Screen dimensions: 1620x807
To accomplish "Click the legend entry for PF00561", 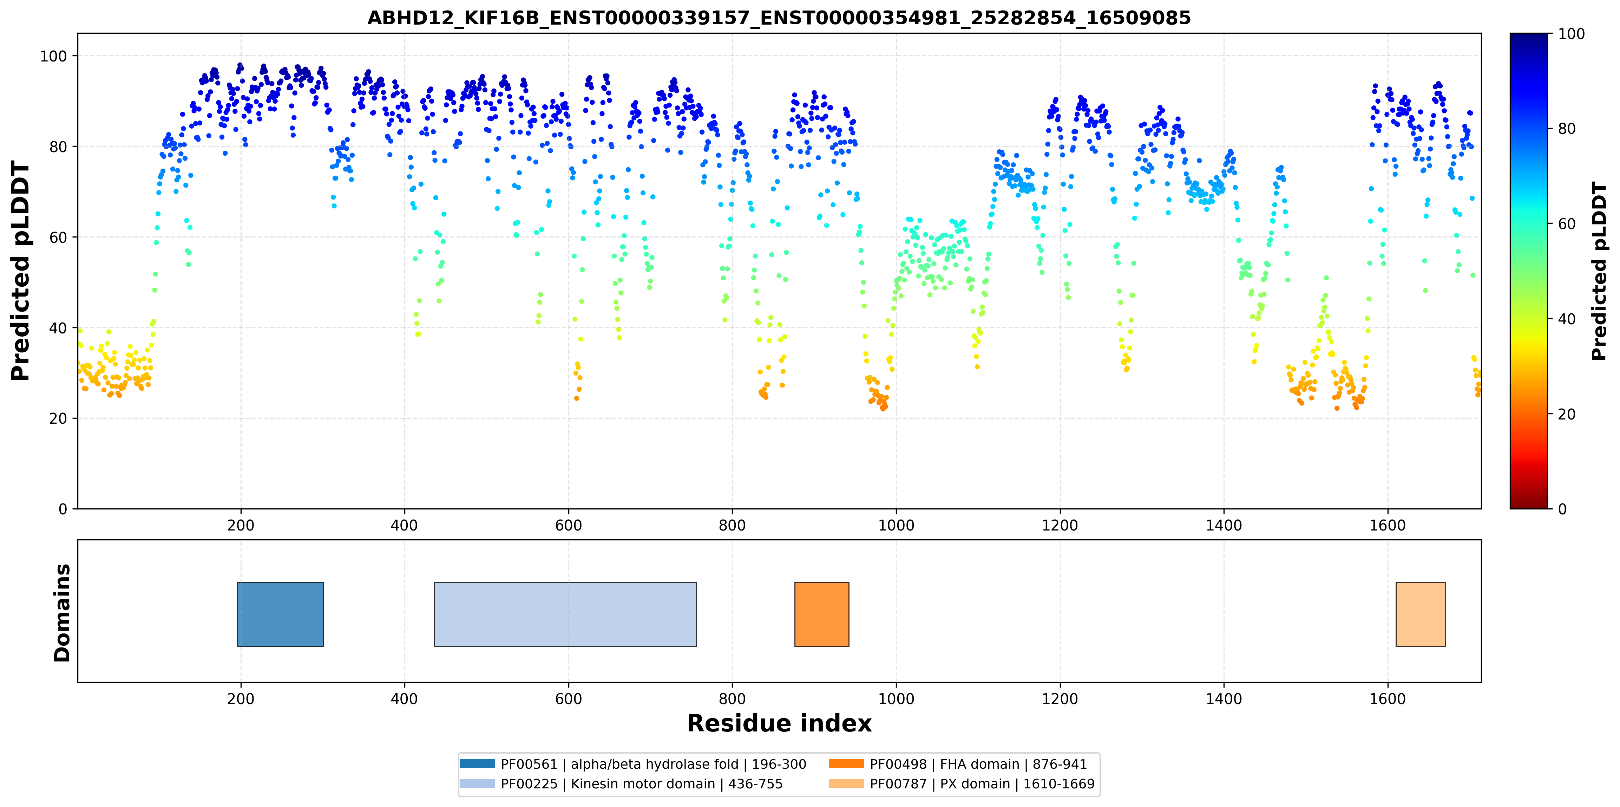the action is pyautogui.click(x=633, y=764).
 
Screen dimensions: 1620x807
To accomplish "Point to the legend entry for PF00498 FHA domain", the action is pyautogui.click(x=958, y=764).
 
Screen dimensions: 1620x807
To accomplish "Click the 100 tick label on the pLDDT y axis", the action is pyautogui.click(x=53, y=56).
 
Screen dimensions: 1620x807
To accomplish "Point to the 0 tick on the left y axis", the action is pyautogui.click(x=63, y=509).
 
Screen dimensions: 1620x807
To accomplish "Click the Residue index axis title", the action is pyautogui.click(x=779, y=723).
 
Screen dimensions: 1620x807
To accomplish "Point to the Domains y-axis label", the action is pyautogui.click(x=62, y=613).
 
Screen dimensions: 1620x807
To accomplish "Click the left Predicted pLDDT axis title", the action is pyautogui.click(x=21, y=271).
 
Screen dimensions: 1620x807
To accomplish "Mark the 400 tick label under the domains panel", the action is pyautogui.click(x=404, y=699).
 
